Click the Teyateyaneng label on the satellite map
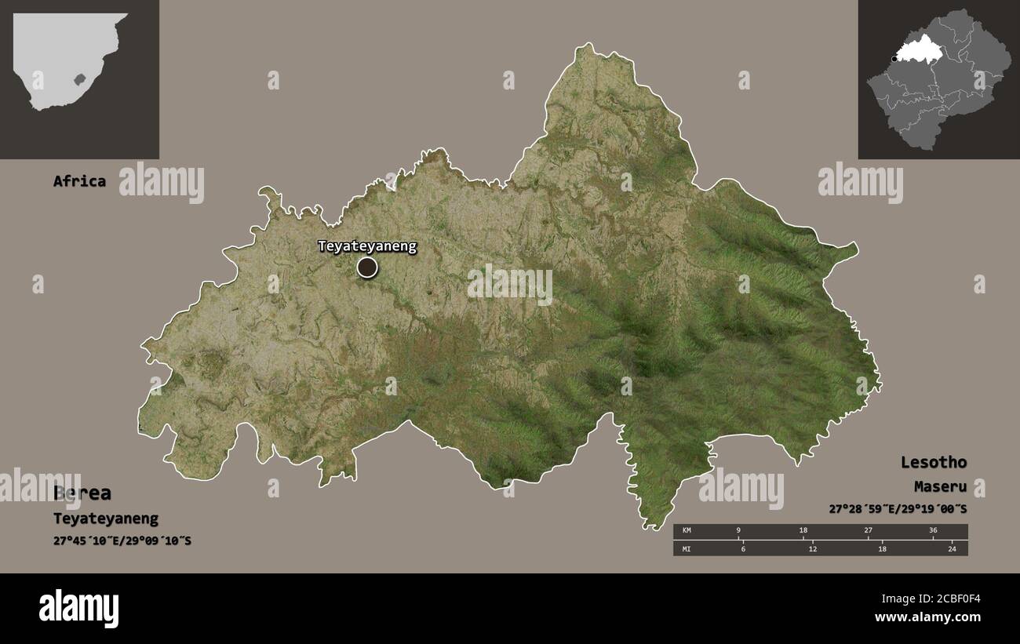pyautogui.click(x=367, y=246)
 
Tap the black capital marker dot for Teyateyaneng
pyautogui.click(x=367, y=267)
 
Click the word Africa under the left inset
pyautogui.click(x=79, y=181)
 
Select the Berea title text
pyautogui.click(x=82, y=493)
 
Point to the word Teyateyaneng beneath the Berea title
pyautogui.click(x=106, y=518)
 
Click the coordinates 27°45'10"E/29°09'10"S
pyautogui.click(x=123, y=541)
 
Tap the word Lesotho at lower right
pyautogui.click(x=934, y=462)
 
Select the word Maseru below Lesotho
pyautogui.click(x=940, y=487)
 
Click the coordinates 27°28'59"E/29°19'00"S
pyautogui.click(x=898, y=510)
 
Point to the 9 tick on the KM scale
pyautogui.click(x=738, y=531)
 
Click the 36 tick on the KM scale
pyautogui.click(x=933, y=531)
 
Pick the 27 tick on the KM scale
pyautogui.click(x=868, y=531)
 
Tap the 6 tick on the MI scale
pyautogui.click(x=742, y=548)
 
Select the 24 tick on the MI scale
pyautogui.click(x=952, y=548)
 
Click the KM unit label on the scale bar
pyautogui.click(x=687, y=531)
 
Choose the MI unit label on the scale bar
pyautogui.click(x=687, y=548)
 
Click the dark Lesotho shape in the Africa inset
pyautogui.click(x=78, y=79)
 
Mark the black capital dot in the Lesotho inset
pyautogui.click(x=894, y=58)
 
